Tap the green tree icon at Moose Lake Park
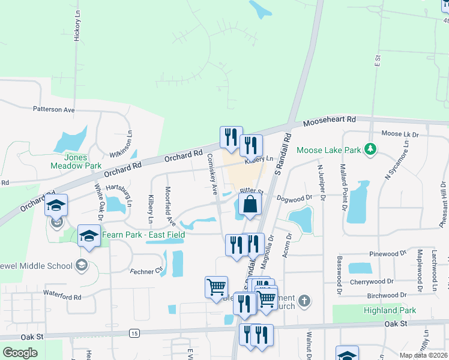371,148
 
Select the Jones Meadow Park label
67,161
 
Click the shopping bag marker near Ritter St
250,204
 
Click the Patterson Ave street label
53,110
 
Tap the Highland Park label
389,310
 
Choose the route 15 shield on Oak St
133,333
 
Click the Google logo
20,352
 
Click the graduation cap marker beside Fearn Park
88,235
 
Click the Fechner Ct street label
150,271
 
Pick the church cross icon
304,301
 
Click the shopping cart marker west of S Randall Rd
215,286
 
